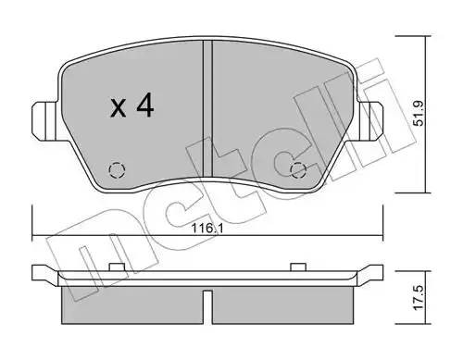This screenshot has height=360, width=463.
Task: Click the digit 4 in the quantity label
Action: [x=144, y=107]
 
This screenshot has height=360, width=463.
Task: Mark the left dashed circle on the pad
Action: [x=117, y=169]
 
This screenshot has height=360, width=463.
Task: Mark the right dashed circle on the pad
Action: [x=298, y=169]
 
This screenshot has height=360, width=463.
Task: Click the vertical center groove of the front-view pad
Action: [x=207, y=111]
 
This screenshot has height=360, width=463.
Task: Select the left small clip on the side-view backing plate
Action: [x=118, y=267]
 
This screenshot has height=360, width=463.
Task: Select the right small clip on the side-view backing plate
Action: [x=297, y=267]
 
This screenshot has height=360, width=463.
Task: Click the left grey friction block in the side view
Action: [x=130, y=296]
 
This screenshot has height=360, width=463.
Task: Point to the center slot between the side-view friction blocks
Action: [x=207, y=301]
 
